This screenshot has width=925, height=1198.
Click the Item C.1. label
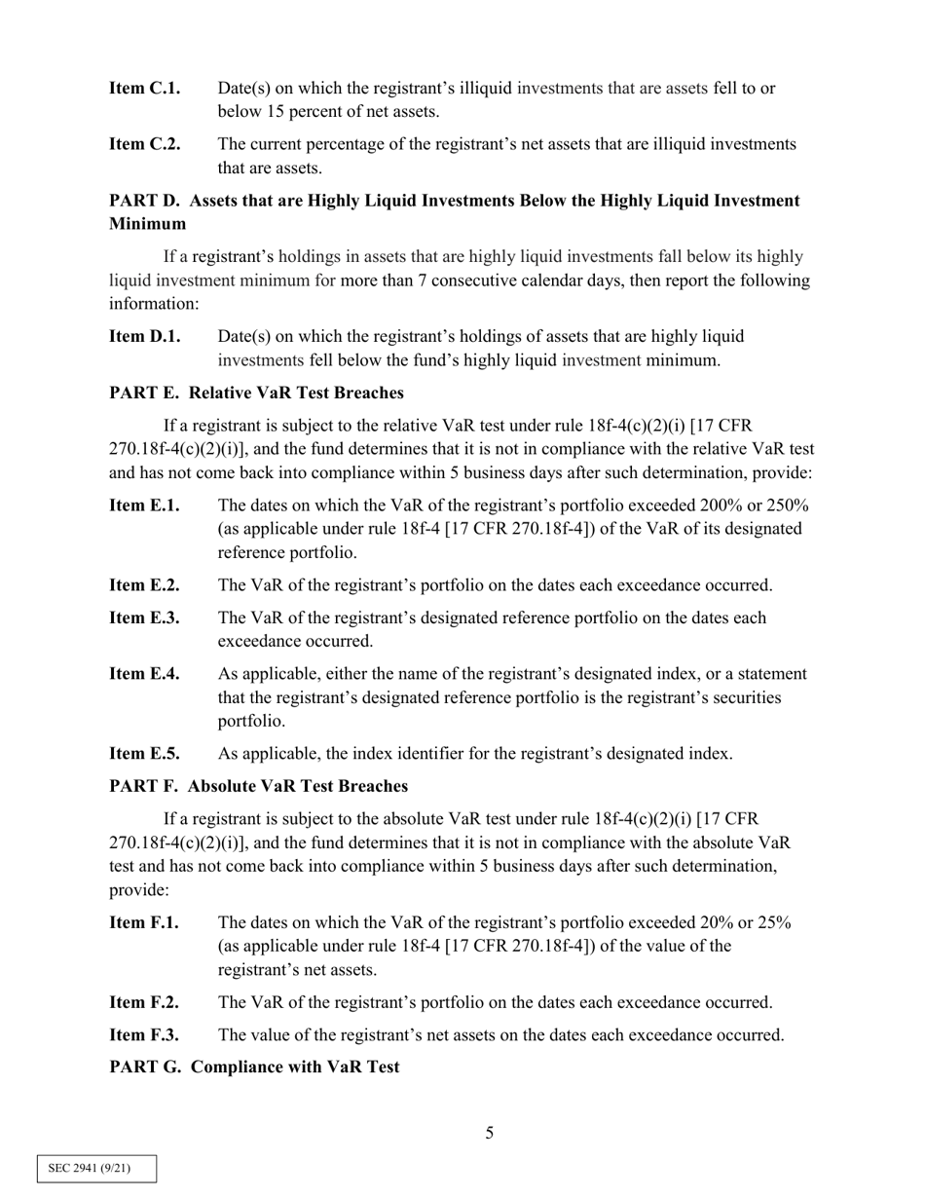click(x=144, y=89)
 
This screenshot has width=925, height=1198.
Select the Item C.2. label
click(x=144, y=144)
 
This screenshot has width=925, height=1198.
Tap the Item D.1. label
click(x=144, y=337)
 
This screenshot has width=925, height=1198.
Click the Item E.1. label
click(x=144, y=505)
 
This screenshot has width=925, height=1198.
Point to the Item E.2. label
click(x=144, y=585)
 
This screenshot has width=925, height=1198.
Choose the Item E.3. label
click(x=144, y=618)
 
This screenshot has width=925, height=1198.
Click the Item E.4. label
click(x=144, y=674)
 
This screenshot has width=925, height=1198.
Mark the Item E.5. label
click(x=144, y=754)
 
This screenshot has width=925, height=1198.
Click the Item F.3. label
click(x=144, y=1035)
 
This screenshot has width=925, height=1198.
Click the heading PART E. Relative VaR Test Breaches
click(x=256, y=393)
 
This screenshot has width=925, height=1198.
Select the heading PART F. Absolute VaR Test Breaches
click(x=258, y=786)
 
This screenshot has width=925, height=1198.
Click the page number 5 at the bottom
click(x=490, y=1133)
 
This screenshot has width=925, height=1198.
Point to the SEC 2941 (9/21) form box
click(x=96, y=1168)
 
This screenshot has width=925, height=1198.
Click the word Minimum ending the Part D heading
click(x=147, y=224)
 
